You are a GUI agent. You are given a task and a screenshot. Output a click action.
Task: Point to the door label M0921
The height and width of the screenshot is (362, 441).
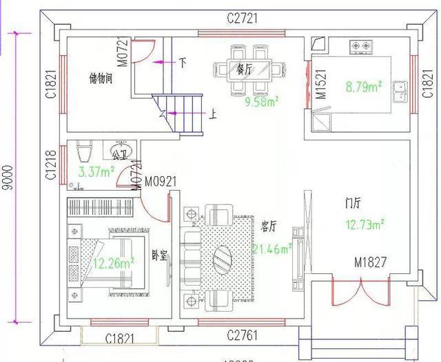pyautogui.click(x=160, y=181)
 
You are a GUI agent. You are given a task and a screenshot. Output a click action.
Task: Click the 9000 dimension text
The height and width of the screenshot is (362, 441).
pyautogui.click(x=7, y=178)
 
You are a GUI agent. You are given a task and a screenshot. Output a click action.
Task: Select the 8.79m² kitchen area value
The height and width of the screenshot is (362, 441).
pyautogui.click(x=363, y=87)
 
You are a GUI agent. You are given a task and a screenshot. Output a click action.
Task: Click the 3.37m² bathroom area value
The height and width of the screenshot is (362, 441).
pyautogui.click(x=96, y=171)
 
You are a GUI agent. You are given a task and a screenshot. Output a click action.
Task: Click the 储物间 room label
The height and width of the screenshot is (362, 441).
pyautogui.click(x=101, y=78)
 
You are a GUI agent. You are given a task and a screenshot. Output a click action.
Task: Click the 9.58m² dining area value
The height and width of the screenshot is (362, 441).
pyautogui.click(x=263, y=103)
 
